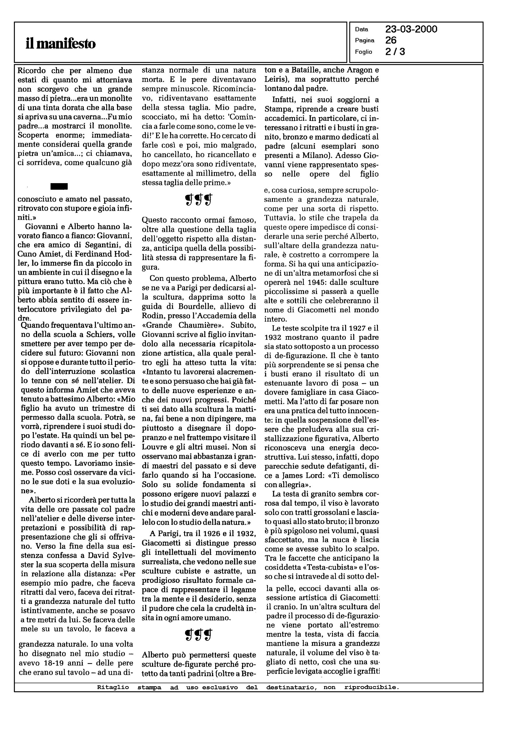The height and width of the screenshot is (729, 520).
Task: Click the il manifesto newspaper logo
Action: pos(60,44)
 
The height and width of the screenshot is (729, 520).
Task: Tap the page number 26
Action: pos(391,40)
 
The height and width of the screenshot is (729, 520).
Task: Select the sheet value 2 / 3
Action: pos(395,52)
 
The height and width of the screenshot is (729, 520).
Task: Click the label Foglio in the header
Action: pos(363,52)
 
